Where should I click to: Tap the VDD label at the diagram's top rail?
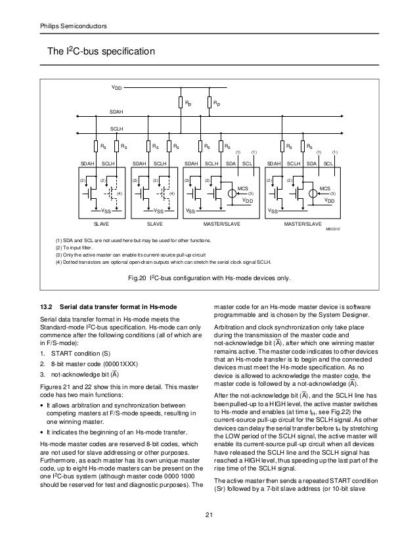(x=115, y=87)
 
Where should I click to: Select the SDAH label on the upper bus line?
(x=116, y=113)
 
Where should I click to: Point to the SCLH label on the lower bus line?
(x=116, y=129)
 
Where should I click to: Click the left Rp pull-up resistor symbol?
(x=181, y=103)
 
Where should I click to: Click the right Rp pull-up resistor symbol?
(x=209, y=103)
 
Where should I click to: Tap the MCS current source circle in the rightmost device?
(x=313, y=193)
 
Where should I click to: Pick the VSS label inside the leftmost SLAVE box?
(x=105, y=211)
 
